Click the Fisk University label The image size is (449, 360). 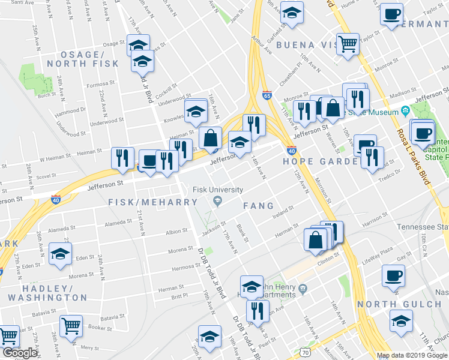coord(218,190)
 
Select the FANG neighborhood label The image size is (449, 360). coord(258,206)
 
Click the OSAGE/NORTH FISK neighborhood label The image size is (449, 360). coord(79,59)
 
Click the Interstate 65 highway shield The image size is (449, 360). coord(267,95)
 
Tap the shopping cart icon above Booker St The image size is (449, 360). coord(71,326)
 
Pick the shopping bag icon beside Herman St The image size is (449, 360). coord(316,239)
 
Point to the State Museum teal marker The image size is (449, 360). coord(405,112)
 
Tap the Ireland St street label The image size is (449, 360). coord(282,212)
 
